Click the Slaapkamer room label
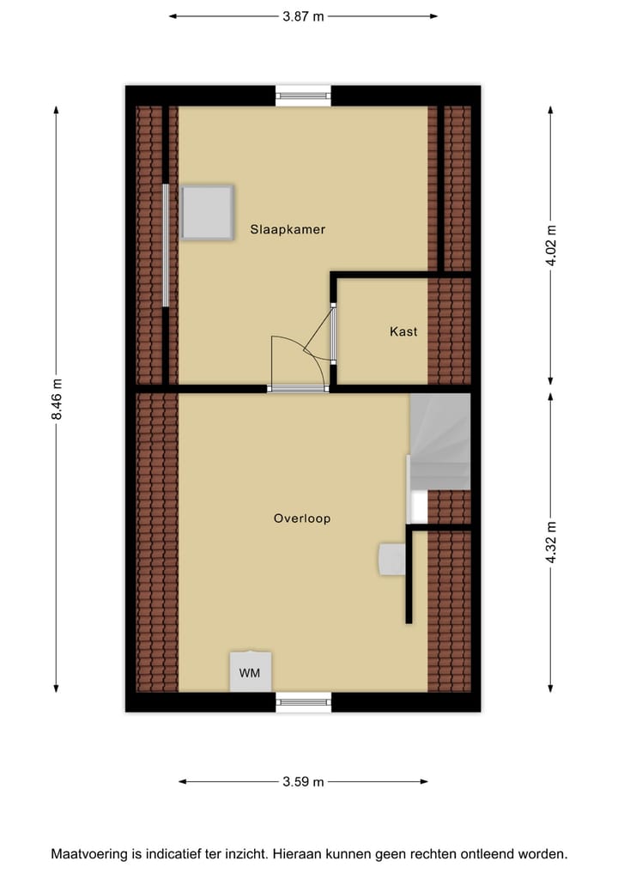pyautogui.click(x=288, y=229)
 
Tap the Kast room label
pyautogui.click(x=403, y=331)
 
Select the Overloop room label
pyautogui.click(x=302, y=518)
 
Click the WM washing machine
pyautogui.click(x=250, y=672)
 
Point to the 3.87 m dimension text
pyautogui.click(x=303, y=15)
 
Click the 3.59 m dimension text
pyautogui.click(x=303, y=781)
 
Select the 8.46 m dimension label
pyautogui.click(x=57, y=399)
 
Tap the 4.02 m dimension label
pyautogui.click(x=551, y=246)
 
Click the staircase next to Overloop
pyautogui.click(x=440, y=442)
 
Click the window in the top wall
pyautogui.click(x=303, y=95)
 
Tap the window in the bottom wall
pyautogui.click(x=303, y=701)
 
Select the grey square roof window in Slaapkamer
pyautogui.click(x=207, y=213)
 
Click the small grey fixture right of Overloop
pyautogui.click(x=392, y=559)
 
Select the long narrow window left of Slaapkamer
pyautogui.click(x=166, y=246)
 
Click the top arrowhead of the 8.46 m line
pyautogui.click(x=57, y=110)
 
